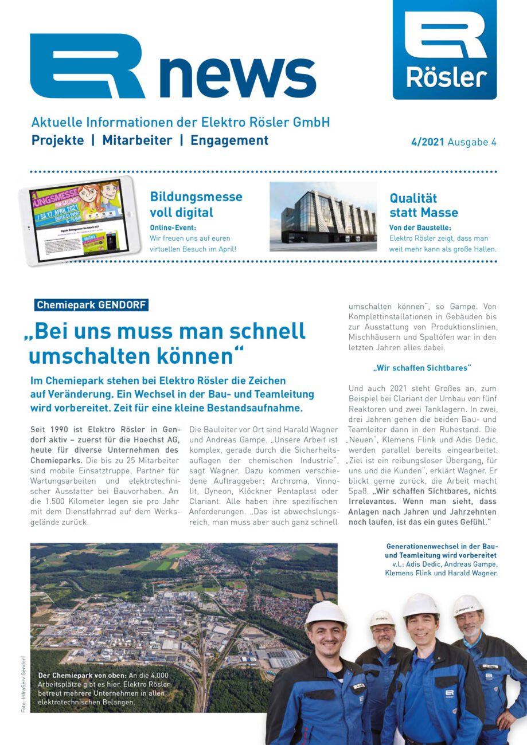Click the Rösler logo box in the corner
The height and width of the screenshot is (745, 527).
(444, 50)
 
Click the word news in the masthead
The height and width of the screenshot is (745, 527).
(237, 74)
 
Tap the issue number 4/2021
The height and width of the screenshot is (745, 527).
(427, 142)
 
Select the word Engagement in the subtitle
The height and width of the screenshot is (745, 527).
(229, 140)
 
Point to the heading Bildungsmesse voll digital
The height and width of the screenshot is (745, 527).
(196, 205)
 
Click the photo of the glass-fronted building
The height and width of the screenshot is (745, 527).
(323, 217)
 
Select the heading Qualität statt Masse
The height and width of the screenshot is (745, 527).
(424, 205)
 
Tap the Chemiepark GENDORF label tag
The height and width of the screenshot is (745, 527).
(91, 305)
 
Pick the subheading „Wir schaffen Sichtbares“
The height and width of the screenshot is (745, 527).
(421, 367)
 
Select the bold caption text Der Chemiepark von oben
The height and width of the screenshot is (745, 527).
(79, 675)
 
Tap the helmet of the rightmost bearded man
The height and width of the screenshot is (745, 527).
(467, 605)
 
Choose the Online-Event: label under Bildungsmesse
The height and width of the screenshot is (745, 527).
(173, 228)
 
